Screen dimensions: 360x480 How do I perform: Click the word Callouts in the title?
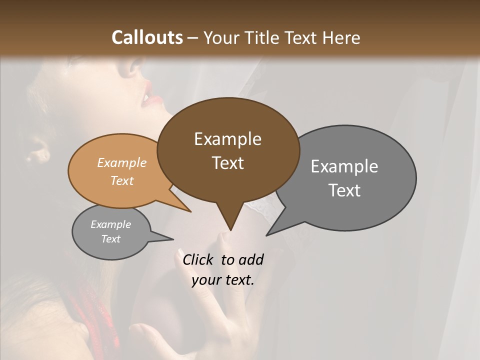tap(147, 37)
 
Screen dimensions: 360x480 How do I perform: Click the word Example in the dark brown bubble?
tap(227, 138)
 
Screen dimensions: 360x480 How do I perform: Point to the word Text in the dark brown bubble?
tap(227, 162)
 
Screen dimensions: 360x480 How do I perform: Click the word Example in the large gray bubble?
tap(344, 166)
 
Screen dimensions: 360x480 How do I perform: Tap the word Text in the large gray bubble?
tap(344, 190)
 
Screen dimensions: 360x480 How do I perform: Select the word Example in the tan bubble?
tap(122, 162)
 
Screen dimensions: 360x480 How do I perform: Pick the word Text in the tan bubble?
tap(122, 180)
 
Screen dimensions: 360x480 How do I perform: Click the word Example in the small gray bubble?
tap(110, 224)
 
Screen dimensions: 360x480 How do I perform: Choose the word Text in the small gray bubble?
tap(110, 239)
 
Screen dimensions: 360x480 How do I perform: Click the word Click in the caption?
tap(199, 259)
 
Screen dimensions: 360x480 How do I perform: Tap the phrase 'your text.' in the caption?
tap(223, 280)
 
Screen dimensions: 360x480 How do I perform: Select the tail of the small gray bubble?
tap(170, 238)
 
